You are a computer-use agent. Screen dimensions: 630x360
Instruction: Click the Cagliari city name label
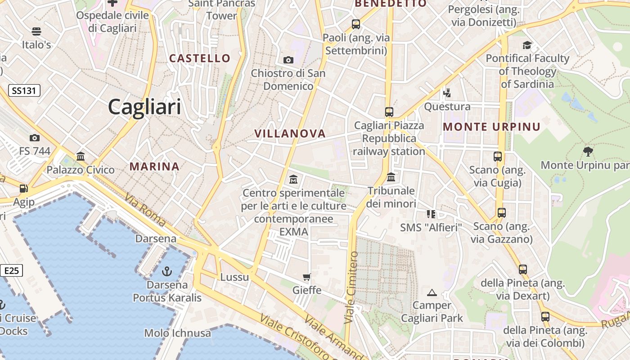click(144, 107)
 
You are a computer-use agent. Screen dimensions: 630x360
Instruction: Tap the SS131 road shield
click(24, 90)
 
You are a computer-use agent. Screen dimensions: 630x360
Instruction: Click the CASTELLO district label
click(199, 58)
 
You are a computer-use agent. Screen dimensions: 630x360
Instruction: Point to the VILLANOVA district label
click(290, 133)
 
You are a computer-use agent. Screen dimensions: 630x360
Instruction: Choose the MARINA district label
click(154, 166)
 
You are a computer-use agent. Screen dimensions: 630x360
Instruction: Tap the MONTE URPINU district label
click(491, 127)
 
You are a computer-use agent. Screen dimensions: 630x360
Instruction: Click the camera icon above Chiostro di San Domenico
click(288, 60)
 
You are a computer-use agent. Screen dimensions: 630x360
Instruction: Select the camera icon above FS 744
click(35, 138)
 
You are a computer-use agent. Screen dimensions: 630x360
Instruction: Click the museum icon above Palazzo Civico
click(81, 157)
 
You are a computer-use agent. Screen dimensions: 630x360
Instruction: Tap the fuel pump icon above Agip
click(23, 189)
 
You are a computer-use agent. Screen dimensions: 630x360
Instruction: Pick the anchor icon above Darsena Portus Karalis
click(167, 271)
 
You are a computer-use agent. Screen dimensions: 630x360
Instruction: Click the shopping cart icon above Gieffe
click(307, 277)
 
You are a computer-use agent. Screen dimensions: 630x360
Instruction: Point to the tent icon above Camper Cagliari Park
click(432, 292)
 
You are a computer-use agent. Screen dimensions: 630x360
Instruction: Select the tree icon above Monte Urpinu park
click(587, 151)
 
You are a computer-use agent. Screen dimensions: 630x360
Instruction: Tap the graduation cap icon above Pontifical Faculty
click(527, 45)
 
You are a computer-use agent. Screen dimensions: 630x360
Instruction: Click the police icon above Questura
click(447, 93)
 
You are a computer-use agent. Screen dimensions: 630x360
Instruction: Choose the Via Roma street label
click(145, 209)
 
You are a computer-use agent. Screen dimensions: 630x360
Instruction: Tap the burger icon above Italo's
click(36, 31)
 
